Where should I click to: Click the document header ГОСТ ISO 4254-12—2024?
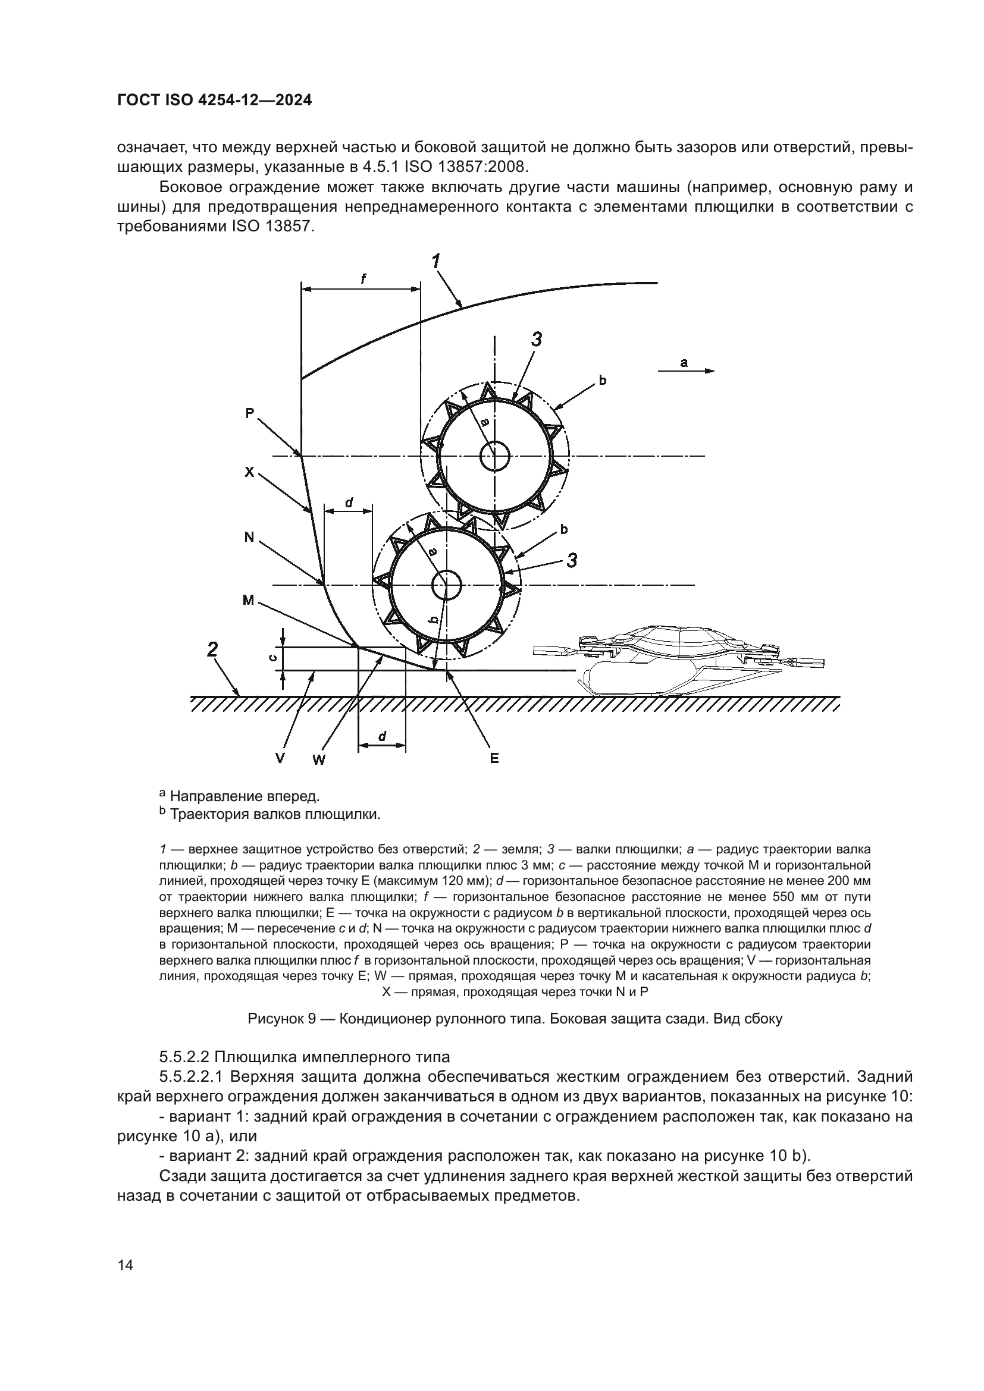pos(214,101)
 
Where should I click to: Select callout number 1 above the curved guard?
pos(435,261)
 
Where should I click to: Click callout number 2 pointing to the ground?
pos(212,650)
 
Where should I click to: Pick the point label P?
pos(250,413)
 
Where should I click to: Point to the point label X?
pos(250,472)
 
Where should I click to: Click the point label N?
pos(249,536)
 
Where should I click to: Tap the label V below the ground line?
pos(280,758)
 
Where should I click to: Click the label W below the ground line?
pos(319,759)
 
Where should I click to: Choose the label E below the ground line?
pos(494,758)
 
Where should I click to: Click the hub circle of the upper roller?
pos(495,456)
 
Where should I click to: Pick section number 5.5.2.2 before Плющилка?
pos(184,1057)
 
